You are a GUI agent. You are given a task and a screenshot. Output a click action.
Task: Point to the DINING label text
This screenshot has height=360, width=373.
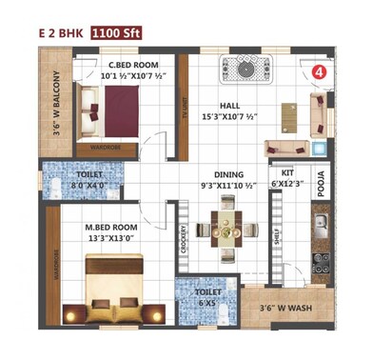[x=228, y=175]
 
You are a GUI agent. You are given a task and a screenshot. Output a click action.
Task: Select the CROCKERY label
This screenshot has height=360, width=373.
[x=182, y=243]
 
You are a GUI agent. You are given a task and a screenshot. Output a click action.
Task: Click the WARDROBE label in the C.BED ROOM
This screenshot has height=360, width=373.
[x=105, y=148]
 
